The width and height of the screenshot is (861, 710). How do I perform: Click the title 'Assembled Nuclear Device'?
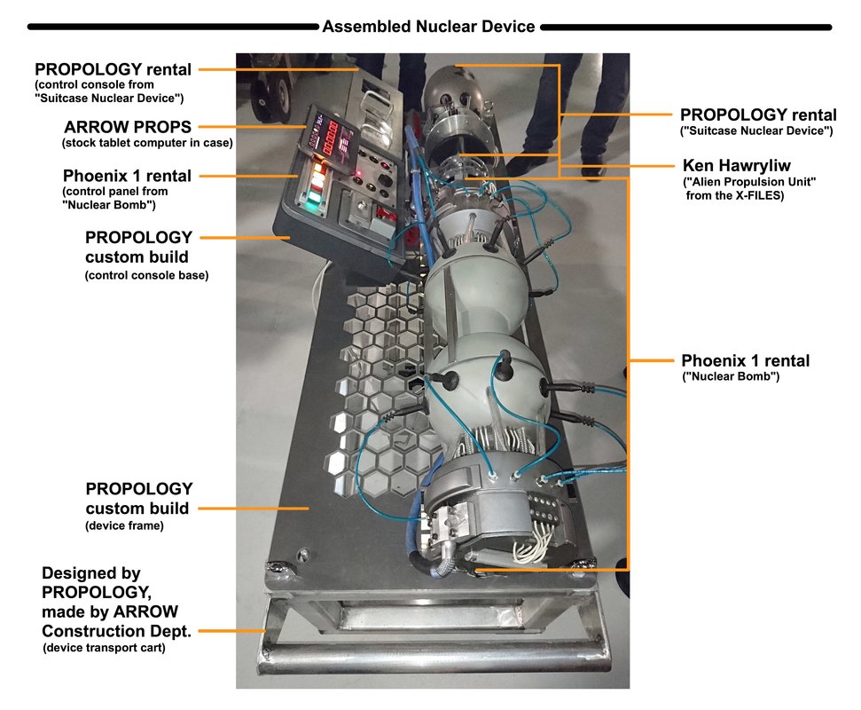point(428,27)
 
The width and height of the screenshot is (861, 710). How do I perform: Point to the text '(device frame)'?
point(124,526)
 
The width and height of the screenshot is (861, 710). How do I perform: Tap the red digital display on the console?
point(338,140)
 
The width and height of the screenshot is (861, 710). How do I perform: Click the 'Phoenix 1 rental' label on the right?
point(745,361)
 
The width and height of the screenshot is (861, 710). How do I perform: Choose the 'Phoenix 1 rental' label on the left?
point(127,175)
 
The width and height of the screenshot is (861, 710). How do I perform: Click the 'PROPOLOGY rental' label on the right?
point(757,114)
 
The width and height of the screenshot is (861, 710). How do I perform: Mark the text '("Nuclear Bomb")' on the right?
point(730,378)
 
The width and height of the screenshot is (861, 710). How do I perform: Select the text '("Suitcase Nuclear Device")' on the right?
point(756,131)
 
